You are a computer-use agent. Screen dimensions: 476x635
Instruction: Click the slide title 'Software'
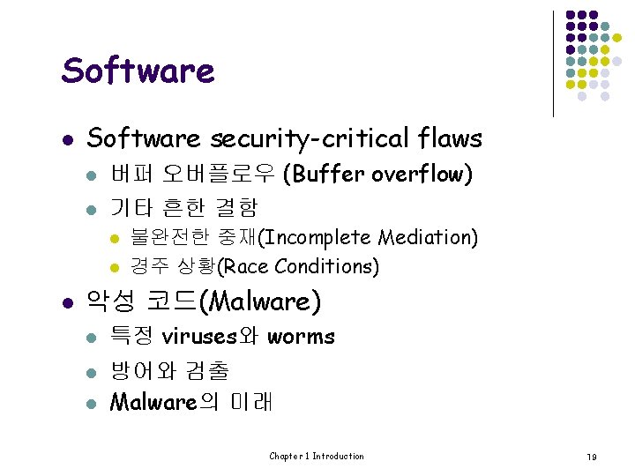(138, 70)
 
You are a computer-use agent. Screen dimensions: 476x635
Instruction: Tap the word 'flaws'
(451, 138)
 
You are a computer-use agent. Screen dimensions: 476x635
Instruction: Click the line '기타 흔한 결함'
(183, 207)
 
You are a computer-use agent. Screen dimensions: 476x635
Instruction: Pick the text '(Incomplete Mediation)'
(370, 237)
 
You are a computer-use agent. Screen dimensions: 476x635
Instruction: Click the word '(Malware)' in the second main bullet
(260, 302)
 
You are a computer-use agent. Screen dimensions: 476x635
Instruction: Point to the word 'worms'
(302, 336)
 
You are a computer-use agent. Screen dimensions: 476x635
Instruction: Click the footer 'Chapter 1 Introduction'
(317, 456)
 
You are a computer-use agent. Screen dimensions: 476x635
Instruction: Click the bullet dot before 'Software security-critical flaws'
(68, 139)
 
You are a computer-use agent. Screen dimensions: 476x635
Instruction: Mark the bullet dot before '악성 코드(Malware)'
(68, 303)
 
